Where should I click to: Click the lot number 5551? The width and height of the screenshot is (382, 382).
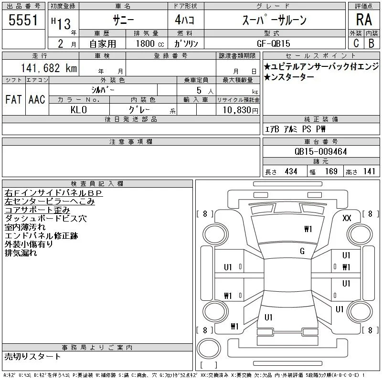[23, 20]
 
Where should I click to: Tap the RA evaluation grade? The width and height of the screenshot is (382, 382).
[364, 20]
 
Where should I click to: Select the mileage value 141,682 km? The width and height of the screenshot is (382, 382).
[49, 68]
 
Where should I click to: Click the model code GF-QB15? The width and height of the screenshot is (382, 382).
[274, 43]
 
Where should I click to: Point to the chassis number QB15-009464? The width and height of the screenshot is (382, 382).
[320, 151]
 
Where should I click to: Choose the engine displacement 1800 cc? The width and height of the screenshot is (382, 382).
[150, 43]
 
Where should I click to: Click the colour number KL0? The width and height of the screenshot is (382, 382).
[78, 110]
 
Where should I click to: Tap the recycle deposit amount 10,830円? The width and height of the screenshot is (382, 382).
[241, 110]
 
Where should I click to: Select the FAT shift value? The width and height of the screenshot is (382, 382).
[14, 99]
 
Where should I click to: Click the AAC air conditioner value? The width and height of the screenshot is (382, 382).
[37, 99]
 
